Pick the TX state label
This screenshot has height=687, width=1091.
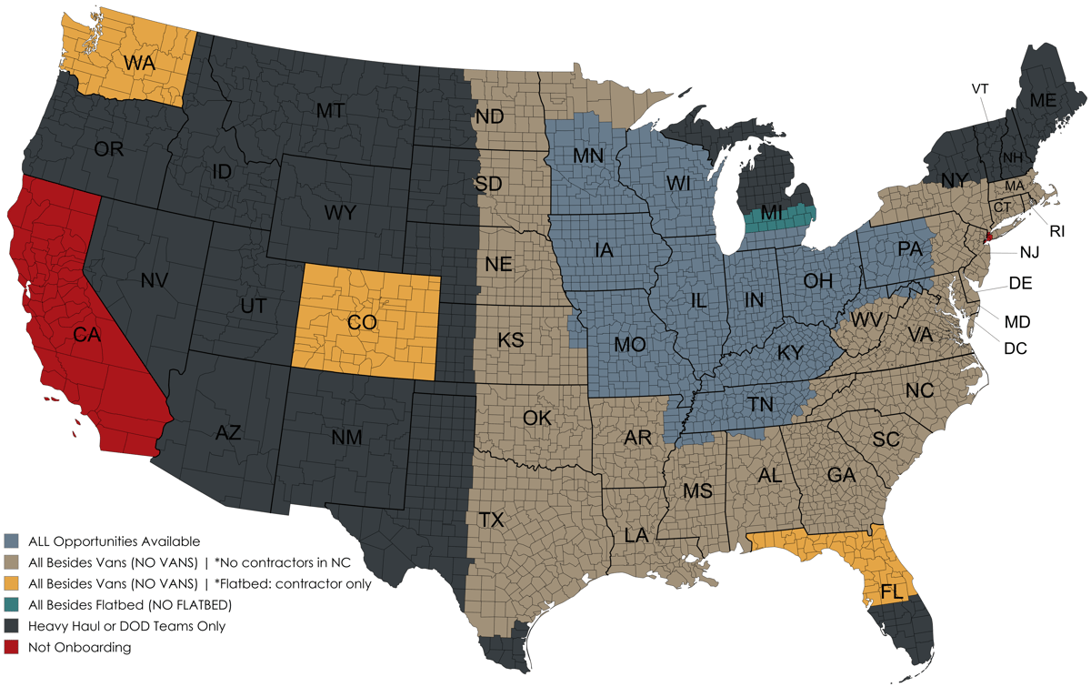491,520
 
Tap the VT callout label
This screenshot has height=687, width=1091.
980,88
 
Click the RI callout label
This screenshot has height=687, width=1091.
1056,231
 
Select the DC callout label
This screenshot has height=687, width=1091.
1016,348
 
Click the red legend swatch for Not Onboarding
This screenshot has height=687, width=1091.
12,647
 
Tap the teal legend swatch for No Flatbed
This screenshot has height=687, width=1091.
12,604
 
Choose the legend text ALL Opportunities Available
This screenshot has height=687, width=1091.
114,541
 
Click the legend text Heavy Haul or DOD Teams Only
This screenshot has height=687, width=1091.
126,626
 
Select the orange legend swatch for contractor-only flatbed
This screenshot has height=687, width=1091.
12,583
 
